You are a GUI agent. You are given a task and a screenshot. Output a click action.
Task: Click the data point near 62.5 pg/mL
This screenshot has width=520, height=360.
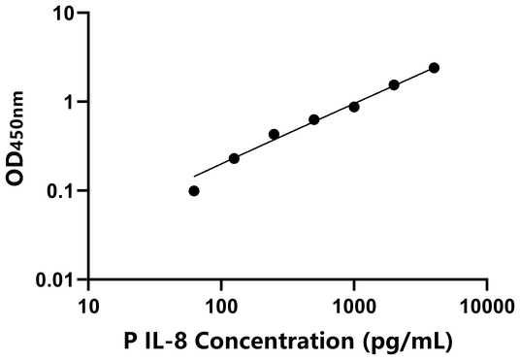194,191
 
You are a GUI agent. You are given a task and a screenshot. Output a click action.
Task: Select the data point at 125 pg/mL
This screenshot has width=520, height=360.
234,158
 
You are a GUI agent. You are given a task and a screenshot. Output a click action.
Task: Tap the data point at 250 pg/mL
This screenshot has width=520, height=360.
274,134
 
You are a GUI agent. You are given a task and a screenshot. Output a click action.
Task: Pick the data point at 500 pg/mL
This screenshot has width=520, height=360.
314,119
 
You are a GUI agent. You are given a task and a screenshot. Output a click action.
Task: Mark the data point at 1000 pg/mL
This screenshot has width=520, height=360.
354,107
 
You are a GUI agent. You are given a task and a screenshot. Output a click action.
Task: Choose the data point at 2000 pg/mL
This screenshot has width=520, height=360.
394,85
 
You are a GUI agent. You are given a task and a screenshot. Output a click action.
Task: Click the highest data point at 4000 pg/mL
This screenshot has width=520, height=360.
434,68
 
